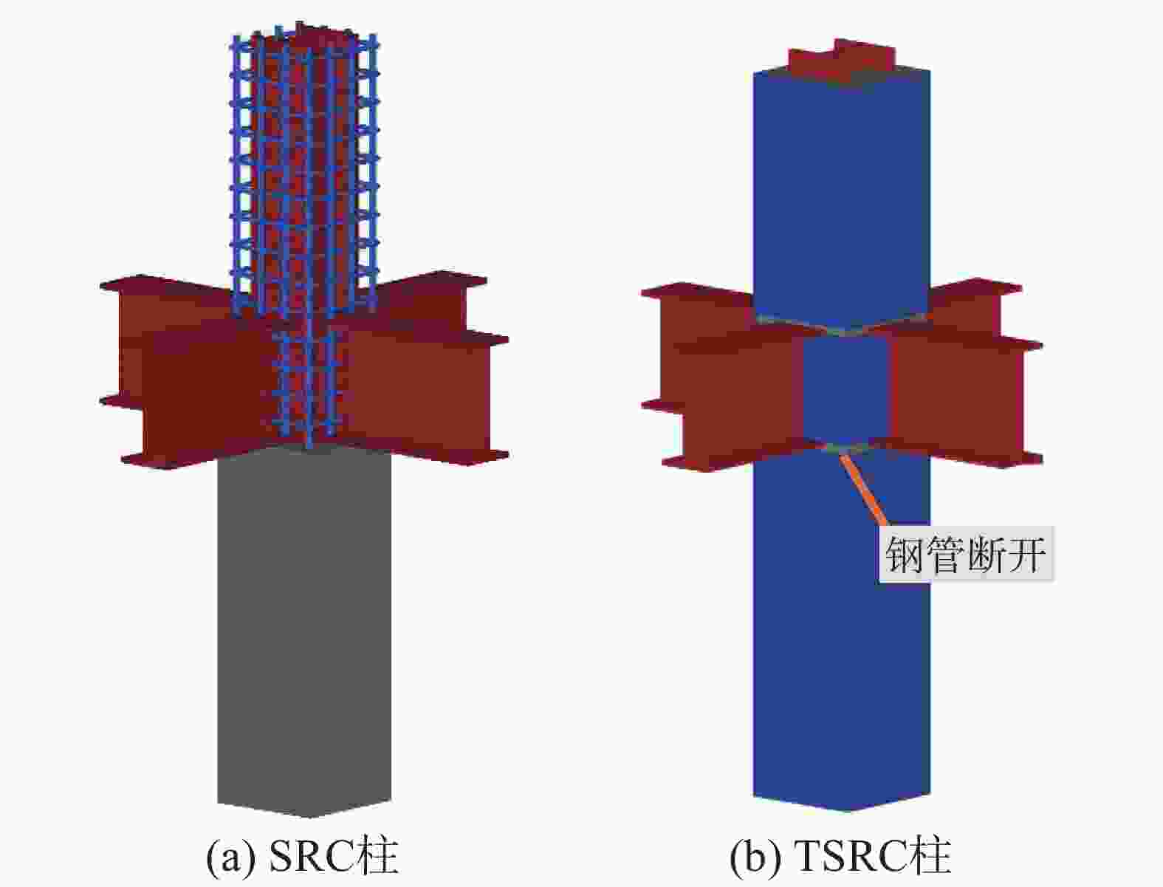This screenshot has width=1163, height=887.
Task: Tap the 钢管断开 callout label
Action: (966, 555)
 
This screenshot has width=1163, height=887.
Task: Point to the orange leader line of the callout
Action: (862, 488)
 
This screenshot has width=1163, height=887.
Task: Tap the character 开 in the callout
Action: (1026, 555)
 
